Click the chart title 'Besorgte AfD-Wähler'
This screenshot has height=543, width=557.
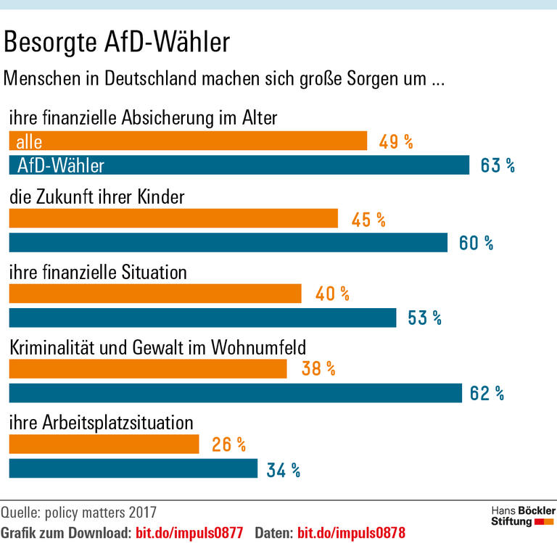point(117,43)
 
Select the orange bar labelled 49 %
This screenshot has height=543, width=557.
point(188,141)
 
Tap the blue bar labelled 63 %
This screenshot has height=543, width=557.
point(239,165)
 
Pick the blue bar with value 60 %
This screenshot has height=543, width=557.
point(228,243)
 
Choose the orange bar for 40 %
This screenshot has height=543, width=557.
point(155,294)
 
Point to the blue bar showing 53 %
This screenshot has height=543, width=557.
point(202,318)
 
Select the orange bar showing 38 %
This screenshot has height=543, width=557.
point(148,369)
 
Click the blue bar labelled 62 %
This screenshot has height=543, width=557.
point(235,393)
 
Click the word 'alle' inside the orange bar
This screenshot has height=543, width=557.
point(29,141)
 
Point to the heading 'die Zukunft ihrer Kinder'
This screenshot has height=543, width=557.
point(96,197)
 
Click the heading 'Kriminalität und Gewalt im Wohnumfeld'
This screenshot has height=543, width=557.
point(157,347)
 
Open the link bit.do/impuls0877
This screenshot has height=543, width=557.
point(189,531)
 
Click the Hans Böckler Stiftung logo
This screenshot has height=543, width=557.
point(522,516)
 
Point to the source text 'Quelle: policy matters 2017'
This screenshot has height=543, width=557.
point(78,513)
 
